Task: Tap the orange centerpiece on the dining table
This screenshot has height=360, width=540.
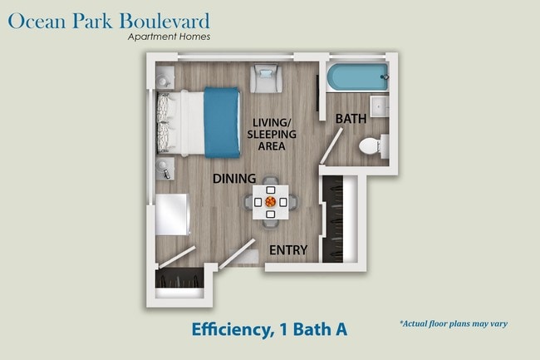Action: tap(271, 201)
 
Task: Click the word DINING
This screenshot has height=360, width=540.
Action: tap(233, 179)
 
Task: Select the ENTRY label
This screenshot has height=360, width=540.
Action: tap(288, 249)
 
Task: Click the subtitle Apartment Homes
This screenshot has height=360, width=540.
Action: tap(169, 37)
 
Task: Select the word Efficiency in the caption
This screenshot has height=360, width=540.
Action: tap(221, 329)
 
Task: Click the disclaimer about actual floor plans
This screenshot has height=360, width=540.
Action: tap(454, 323)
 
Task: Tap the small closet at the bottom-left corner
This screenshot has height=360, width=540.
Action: tap(179, 279)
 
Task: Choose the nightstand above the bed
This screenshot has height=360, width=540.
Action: tap(163, 79)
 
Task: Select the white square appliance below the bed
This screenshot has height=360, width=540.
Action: tap(172, 215)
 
